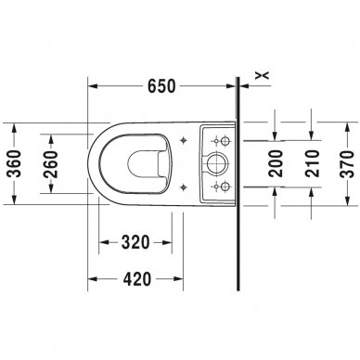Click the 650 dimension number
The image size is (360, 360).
(x=161, y=86)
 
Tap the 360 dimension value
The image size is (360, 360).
(x=15, y=163)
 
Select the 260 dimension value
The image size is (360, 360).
(x=50, y=164)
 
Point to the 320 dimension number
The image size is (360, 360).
(x=135, y=242)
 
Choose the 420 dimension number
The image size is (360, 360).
(x=137, y=279)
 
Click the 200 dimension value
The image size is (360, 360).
(x=276, y=163)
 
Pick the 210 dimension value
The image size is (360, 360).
(x=312, y=163)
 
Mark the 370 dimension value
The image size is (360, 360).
(x=347, y=164)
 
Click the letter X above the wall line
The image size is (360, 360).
(x=263, y=74)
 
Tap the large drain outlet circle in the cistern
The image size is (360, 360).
(x=217, y=163)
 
